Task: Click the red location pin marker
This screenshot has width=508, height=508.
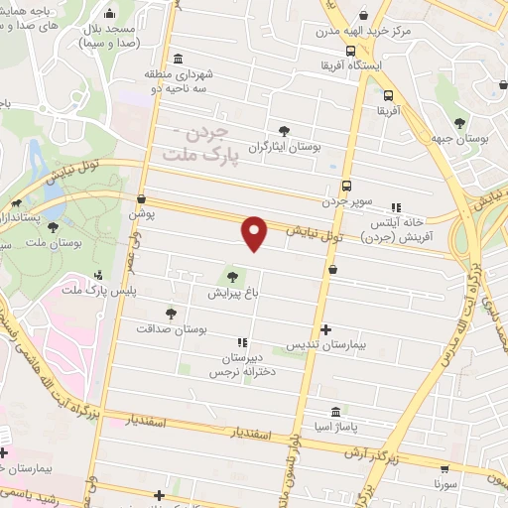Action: [x=255, y=233]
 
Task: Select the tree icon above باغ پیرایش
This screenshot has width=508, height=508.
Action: [x=233, y=277]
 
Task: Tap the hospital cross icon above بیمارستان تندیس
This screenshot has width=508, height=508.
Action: [x=326, y=329]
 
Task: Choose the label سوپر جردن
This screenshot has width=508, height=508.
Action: [x=346, y=201]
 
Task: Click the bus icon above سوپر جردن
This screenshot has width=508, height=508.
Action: [x=346, y=186]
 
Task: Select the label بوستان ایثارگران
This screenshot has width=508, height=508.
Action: [x=285, y=146]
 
